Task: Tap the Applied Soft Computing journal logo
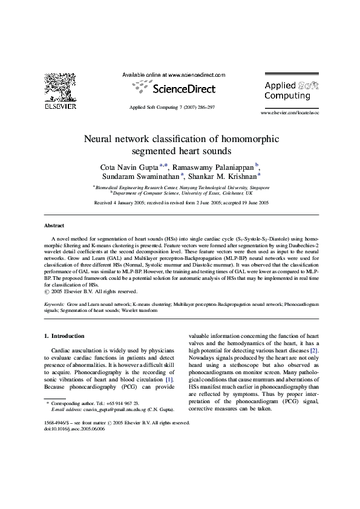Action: [x=291, y=91]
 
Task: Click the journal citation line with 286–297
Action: [x=172, y=106]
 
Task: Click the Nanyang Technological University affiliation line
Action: [x=182, y=188]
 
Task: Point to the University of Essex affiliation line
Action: [x=182, y=194]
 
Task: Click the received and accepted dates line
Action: [x=181, y=204]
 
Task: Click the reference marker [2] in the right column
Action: [x=313, y=351]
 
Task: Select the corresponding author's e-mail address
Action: [x=106, y=409]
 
